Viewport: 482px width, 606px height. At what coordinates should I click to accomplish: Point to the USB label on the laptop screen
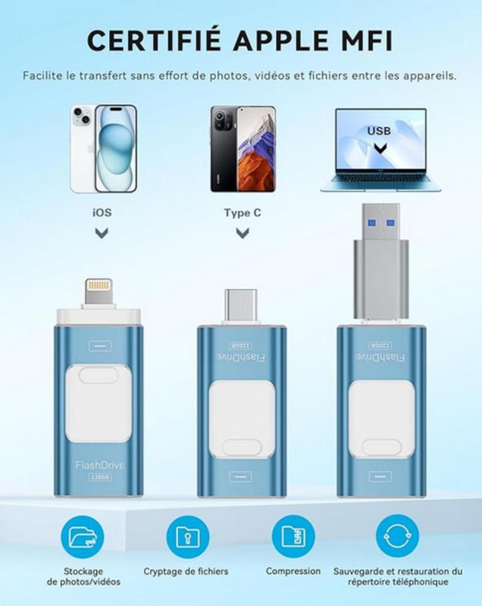(379, 131)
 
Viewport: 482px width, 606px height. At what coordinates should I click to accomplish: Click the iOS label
(102, 213)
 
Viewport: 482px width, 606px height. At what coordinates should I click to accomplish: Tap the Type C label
(242, 213)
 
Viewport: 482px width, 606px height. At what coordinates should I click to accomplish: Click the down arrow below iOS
(102, 233)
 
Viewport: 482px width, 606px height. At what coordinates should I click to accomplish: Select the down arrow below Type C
(243, 233)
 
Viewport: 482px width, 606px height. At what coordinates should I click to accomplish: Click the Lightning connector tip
(99, 292)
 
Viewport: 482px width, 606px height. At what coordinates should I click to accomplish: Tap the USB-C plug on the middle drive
(241, 306)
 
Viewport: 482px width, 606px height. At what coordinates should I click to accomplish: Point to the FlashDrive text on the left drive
(99, 465)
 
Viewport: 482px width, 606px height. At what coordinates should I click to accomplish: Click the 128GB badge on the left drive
(98, 477)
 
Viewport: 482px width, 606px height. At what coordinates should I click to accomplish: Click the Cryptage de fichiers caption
(186, 571)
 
